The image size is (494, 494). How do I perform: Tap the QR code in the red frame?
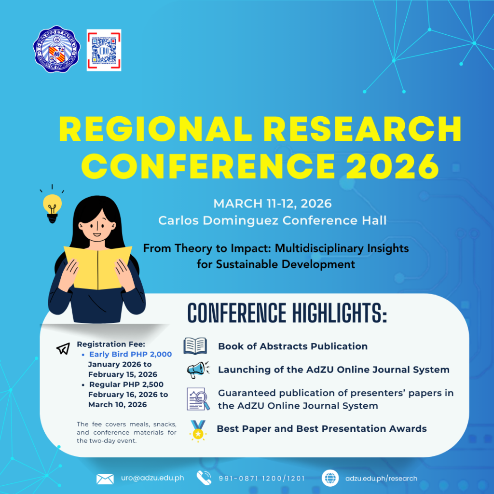[x=104, y=50]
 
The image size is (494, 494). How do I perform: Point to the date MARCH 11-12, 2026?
[x=273, y=204]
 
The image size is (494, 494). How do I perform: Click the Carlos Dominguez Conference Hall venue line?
[x=273, y=220]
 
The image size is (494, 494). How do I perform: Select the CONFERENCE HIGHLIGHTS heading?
[x=287, y=314]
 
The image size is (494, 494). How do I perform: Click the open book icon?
[x=195, y=346]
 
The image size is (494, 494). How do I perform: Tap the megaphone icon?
[x=198, y=370]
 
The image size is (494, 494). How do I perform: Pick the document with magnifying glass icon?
[x=198, y=399]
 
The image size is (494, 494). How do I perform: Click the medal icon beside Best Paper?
[x=198, y=430]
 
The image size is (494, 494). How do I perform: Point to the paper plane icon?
[x=63, y=348]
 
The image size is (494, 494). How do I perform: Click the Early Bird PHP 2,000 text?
[x=130, y=354]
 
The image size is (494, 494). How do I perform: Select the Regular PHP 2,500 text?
[x=126, y=384]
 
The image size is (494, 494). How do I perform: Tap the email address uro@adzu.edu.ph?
[x=152, y=478]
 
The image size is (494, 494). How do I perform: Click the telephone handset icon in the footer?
[x=204, y=478]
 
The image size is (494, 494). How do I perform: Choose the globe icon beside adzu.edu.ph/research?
[x=330, y=478]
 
